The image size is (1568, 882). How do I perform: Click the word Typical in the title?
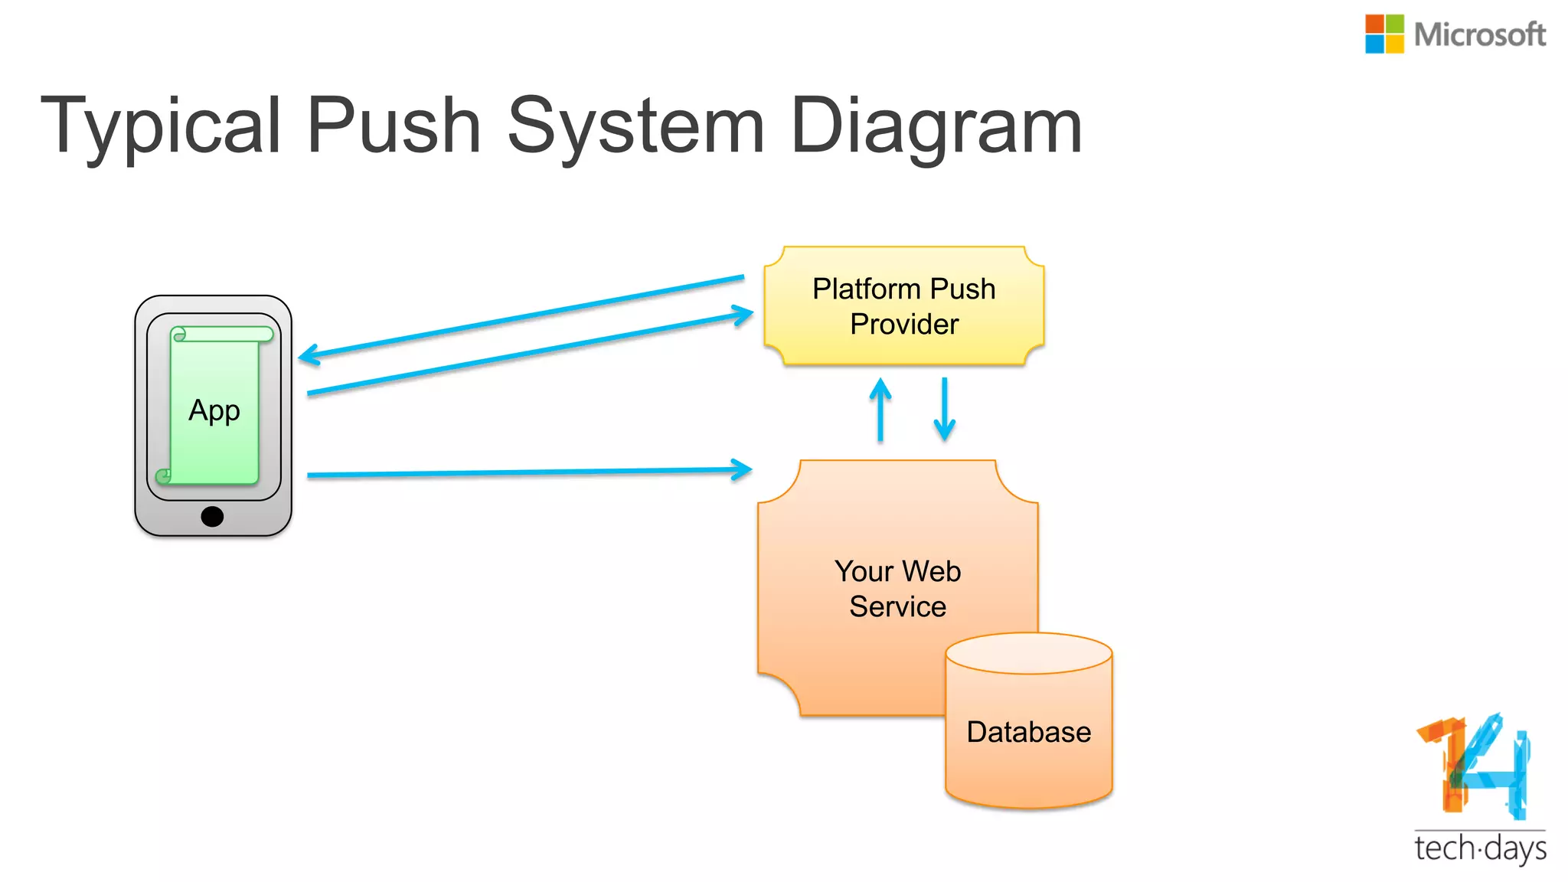click(161, 126)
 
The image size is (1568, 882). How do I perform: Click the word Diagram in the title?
click(936, 126)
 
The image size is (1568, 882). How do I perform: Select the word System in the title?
click(635, 126)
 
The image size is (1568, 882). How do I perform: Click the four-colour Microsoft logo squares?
click(1384, 34)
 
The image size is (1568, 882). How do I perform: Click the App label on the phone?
click(214, 411)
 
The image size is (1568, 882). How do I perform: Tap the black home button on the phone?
click(212, 517)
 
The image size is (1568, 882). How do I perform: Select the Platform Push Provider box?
click(904, 305)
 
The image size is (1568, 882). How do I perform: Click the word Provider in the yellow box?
click(904, 325)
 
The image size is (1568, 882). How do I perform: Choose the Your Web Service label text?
click(897, 589)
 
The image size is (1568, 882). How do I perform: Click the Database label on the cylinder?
click(1028, 732)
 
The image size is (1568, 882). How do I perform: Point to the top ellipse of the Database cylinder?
click(1028, 653)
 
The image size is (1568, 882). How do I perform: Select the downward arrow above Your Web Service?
click(945, 410)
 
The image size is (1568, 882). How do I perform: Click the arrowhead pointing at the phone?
click(307, 355)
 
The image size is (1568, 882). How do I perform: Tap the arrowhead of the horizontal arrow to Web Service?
click(742, 469)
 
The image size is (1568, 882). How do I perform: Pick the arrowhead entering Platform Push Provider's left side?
click(743, 314)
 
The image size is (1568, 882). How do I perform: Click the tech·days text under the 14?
click(1479, 849)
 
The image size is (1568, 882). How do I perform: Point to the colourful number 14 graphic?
click(1473, 766)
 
